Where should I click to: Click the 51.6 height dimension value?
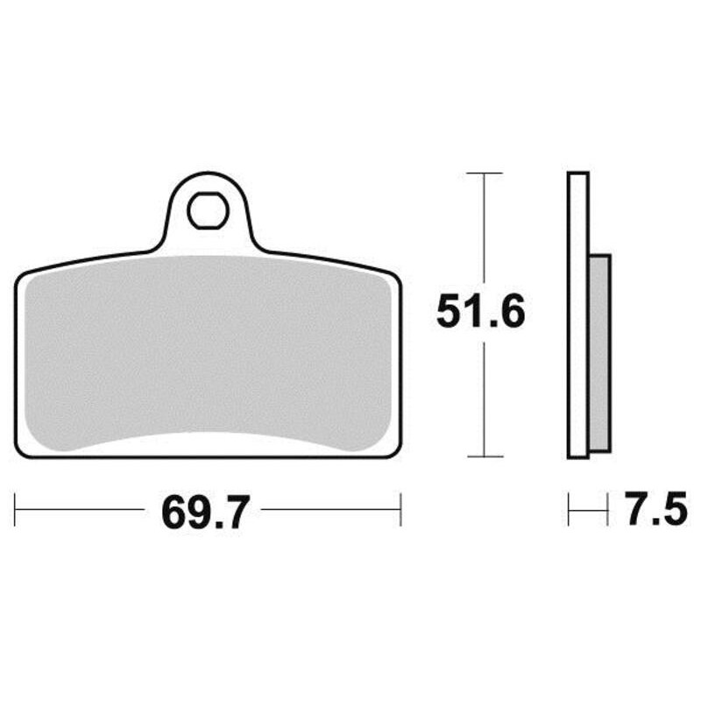480,311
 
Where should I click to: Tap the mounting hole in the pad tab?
209,210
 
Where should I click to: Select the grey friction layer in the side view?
600,353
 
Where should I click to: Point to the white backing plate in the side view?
578,315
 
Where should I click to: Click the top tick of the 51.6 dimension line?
485,173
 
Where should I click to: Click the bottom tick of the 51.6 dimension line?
485,457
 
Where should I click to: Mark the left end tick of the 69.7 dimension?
15,510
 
